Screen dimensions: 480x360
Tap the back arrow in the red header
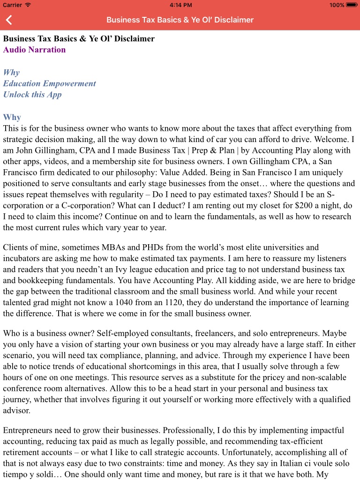9,20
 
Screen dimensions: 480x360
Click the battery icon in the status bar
352,5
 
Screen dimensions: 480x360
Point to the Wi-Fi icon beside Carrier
28,5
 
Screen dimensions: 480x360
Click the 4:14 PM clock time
180,5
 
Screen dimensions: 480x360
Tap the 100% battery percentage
337,5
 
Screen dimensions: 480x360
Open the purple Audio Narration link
34,50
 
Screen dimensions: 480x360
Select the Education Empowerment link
49,83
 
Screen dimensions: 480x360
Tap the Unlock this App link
32,95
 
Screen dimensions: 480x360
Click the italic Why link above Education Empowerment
11,72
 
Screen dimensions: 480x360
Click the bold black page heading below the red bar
79,38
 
